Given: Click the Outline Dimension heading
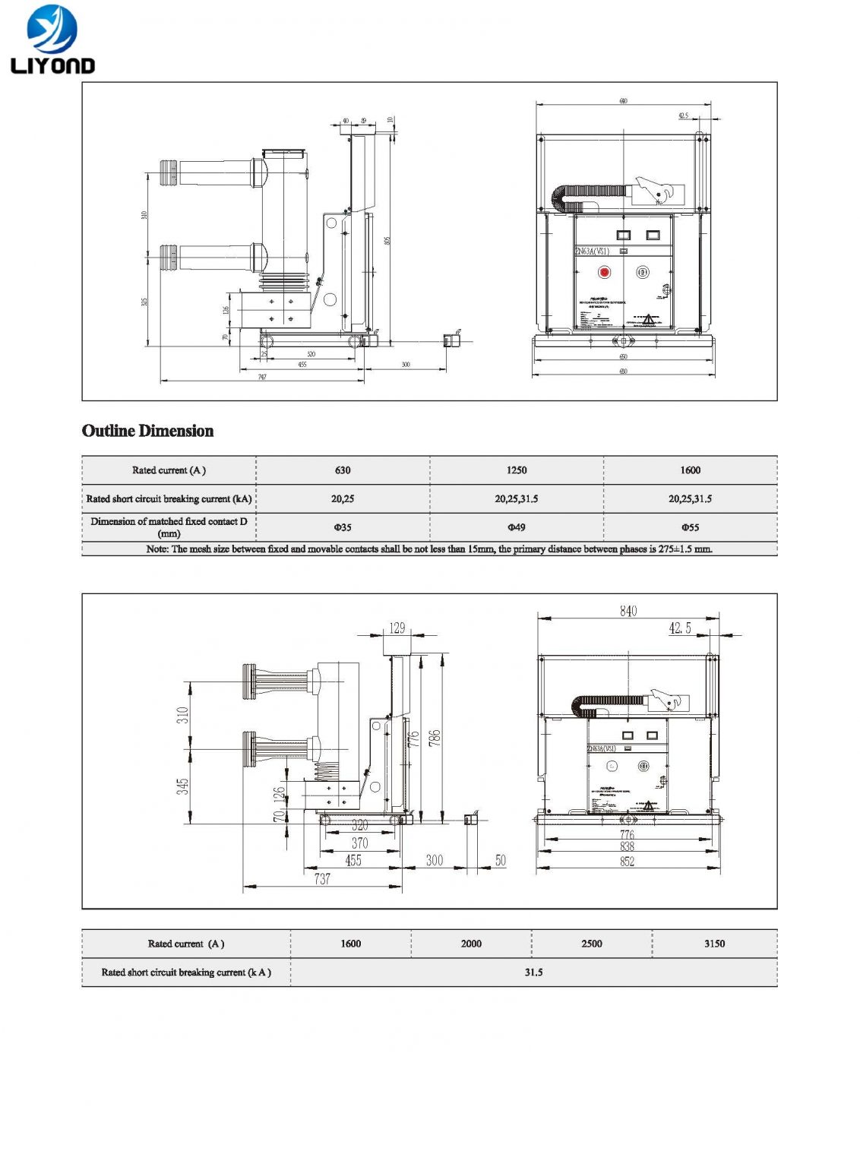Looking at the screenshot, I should [147, 431].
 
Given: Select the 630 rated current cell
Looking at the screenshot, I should [343, 470].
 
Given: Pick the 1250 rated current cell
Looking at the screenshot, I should [517, 470].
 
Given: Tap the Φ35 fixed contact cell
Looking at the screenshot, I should [343, 527].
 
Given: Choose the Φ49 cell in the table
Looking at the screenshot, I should [517, 527].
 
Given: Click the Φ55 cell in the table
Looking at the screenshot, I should [690, 527].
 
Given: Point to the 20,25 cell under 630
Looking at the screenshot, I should [343, 499].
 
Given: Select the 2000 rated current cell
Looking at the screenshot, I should [471, 944].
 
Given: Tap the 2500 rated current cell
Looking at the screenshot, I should [592, 944].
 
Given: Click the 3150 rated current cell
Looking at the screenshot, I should [714, 944].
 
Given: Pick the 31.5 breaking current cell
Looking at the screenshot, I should [533, 972].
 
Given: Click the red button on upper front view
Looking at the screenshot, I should [605, 272].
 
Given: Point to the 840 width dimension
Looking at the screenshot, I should [628, 611].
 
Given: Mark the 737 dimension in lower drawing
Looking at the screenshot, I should [322, 879].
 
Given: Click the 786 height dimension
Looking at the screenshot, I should [435, 738].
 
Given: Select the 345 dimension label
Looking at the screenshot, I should [183, 786].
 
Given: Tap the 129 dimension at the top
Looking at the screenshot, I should [397, 628].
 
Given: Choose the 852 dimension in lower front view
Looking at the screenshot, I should [627, 862].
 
